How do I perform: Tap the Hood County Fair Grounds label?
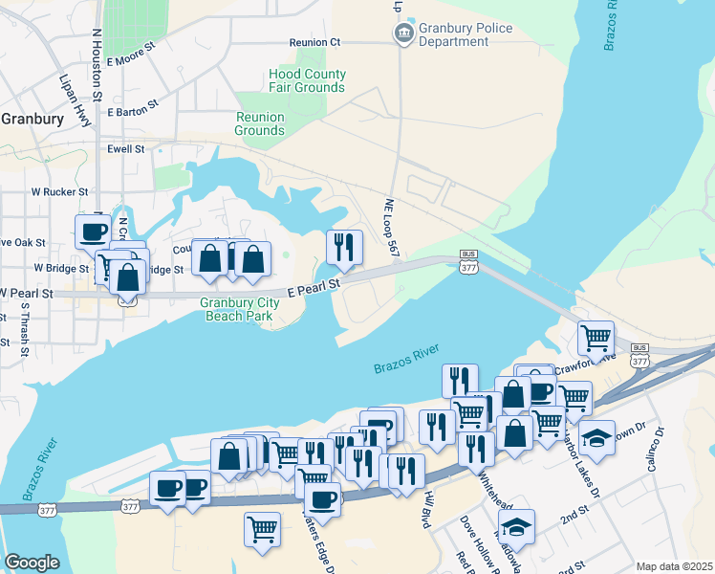306,81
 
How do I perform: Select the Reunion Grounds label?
260,123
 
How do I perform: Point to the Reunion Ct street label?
315,42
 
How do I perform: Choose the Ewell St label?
125,149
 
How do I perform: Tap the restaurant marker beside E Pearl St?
344,247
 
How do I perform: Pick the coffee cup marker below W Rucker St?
94,231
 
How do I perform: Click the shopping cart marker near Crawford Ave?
596,337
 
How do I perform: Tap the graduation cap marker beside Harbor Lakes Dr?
596,435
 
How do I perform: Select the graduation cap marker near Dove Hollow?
516,525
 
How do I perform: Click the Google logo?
32,563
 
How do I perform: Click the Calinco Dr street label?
657,449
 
